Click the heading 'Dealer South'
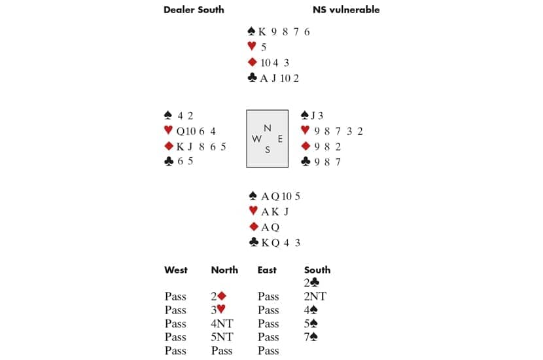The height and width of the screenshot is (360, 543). tap(194, 10)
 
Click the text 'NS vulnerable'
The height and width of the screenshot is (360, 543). tap(346, 10)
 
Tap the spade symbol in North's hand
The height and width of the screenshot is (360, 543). tap(252, 31)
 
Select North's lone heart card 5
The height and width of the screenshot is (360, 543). tap(264, 47)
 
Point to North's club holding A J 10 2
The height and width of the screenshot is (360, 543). tap(279, 79)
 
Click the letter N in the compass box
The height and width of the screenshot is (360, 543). tap(268, 128)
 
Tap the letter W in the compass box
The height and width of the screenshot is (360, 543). tap(256, 139)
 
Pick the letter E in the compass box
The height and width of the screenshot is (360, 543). tap(280, 139)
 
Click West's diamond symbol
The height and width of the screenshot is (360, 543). tap(169, 146)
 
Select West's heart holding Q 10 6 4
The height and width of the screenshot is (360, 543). tap(196, 132)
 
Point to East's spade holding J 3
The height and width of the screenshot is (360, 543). tap(317, 115)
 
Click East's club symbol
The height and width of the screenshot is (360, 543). tap(306, 162)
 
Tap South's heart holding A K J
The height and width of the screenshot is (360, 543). tap(275, 211)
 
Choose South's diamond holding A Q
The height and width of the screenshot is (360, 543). tap(270, 227)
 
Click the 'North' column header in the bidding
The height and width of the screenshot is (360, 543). tap(224, 270)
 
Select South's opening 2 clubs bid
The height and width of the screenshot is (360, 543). tap(311, 283)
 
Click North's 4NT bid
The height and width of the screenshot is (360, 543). tap(222, 323)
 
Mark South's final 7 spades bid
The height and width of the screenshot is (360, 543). tap(311, 337)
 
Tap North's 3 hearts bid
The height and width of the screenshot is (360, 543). tap(218, 310)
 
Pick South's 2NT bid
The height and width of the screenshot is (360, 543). tap(315, 297)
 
